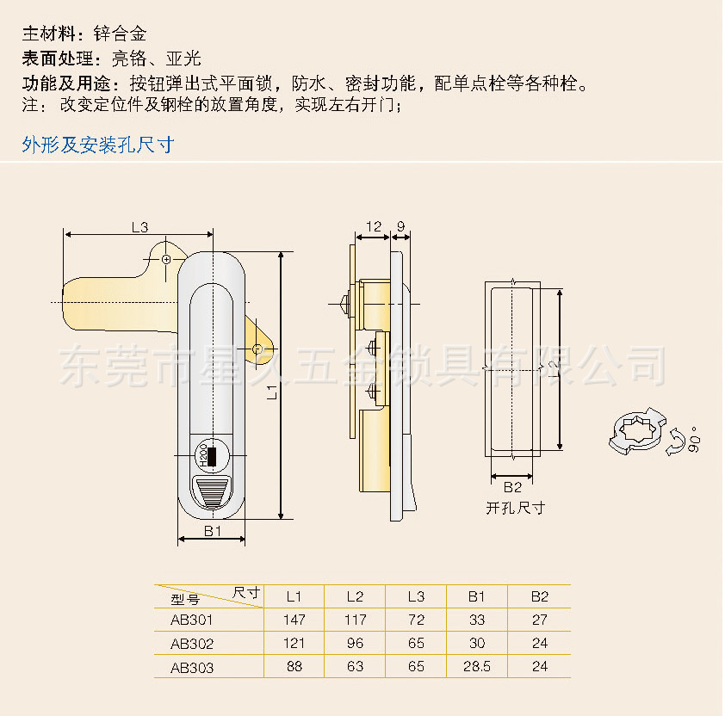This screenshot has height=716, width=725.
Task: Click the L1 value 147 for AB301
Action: (x=294, y=620)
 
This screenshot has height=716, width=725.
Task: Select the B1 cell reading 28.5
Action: (x=477, y=666)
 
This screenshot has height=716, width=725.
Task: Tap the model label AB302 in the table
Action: (x=192, y=644)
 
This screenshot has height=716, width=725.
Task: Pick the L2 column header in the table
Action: (x=355, y=596)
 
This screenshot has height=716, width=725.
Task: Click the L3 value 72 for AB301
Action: (x=416, y=620)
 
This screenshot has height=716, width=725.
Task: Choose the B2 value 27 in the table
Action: (x=540, y=620)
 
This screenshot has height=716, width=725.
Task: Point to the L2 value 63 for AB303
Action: (x=355, y=666)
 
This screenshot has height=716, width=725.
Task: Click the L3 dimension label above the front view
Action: (x=139, y=227)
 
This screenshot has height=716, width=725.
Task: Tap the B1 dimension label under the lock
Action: (x=212, y=531)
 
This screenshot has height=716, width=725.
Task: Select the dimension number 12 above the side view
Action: (x=374, y=226)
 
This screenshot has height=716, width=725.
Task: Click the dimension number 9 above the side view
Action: (x=401, y=226)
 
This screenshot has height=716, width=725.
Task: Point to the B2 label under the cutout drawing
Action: (x=512, y=487)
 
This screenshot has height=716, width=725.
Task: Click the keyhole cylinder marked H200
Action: (x=211, y=456)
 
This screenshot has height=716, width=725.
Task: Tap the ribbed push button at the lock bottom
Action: (x=212, y=493)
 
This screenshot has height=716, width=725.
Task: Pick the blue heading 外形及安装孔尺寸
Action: (x=98, y=145)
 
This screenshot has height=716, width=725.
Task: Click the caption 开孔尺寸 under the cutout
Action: (x=515, y=508)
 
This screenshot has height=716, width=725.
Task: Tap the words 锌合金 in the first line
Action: (x=121, y=34)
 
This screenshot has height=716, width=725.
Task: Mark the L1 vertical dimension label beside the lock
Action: (x=272, y=391)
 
